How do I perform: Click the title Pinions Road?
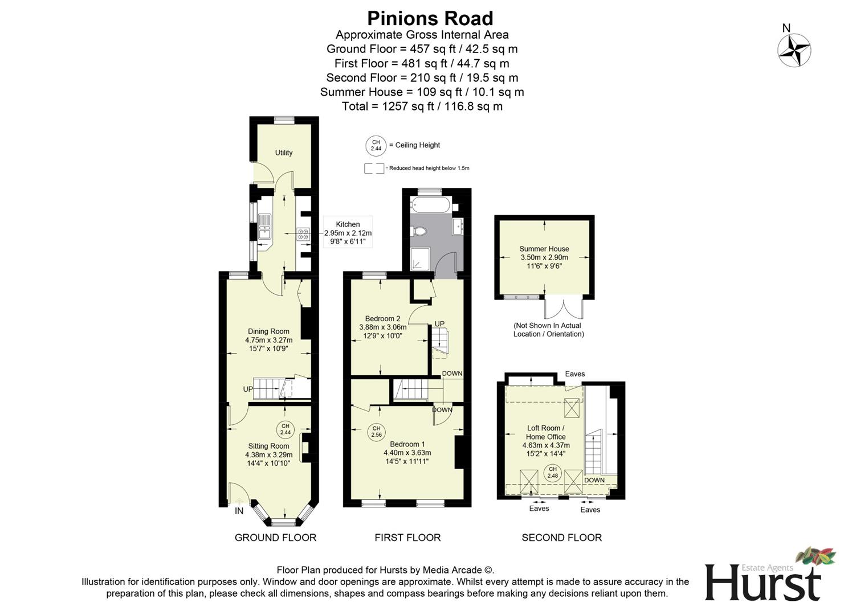430,18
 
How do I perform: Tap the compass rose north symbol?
794,50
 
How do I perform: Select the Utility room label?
283,153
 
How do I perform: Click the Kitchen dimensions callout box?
348,232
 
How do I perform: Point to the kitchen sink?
264,227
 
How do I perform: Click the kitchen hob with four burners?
303,233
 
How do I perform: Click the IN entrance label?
239,511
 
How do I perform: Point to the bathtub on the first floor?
431,204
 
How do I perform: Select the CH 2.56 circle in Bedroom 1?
376,432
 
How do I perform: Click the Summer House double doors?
564,307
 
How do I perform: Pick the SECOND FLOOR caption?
561,538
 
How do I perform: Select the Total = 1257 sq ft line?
422,106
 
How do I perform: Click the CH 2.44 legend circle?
376,146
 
